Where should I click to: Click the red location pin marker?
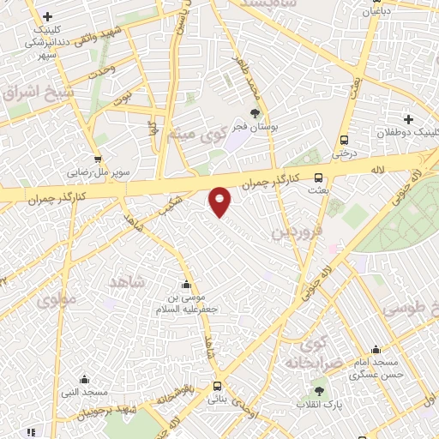(x=220, y=201)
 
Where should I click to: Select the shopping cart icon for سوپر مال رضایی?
(x=98, y=159)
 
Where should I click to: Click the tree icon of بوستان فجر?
(x=255, y=112)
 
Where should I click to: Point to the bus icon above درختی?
(x=344, y=140)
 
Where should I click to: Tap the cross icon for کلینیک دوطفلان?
(x=408, y=119)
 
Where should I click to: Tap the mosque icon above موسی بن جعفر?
(x=187, y=285)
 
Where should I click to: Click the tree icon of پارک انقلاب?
(x=321, y=390)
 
